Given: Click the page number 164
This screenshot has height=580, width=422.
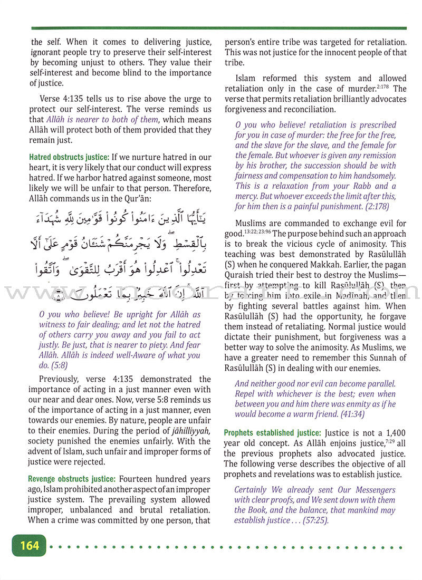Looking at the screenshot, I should pos(29,545).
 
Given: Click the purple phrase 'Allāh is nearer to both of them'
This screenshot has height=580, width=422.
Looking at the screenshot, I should pos(102,120).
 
